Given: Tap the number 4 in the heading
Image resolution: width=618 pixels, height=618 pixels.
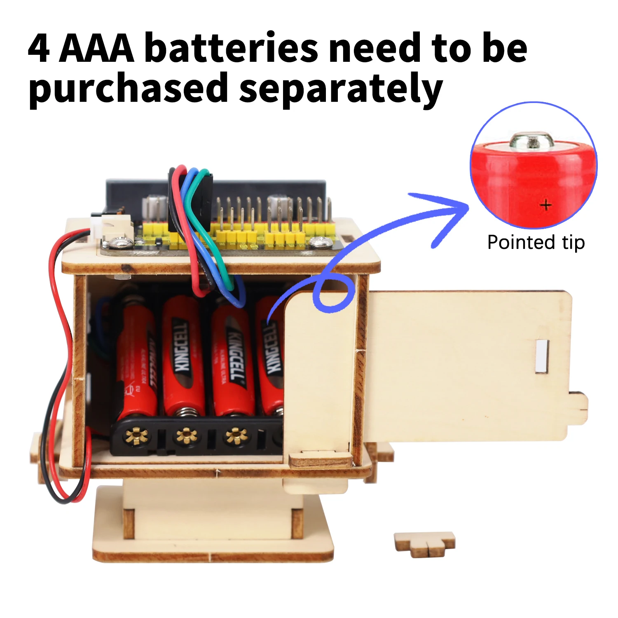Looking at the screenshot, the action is (39, 48).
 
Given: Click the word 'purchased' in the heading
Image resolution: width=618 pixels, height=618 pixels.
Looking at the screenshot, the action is (128, 89).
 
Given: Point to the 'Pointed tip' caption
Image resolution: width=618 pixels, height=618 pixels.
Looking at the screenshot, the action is (536, 242).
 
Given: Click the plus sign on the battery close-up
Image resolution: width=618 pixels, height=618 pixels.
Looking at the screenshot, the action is (546, 204).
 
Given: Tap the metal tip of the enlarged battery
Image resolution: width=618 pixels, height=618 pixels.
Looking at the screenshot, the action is (531, 140).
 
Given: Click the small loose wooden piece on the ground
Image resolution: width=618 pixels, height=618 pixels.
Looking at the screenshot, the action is (424, 543).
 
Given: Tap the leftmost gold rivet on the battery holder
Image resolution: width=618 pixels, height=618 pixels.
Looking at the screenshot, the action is (136, 435).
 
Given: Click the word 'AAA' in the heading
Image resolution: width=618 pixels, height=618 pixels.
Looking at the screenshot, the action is (97, 48).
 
